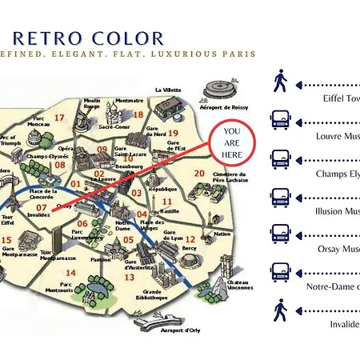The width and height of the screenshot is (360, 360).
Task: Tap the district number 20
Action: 199,174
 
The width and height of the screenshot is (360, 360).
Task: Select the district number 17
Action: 59,118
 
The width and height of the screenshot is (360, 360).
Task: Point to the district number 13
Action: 129,277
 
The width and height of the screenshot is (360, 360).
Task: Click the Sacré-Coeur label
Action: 114,126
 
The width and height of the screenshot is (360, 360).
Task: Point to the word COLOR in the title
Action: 128,38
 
